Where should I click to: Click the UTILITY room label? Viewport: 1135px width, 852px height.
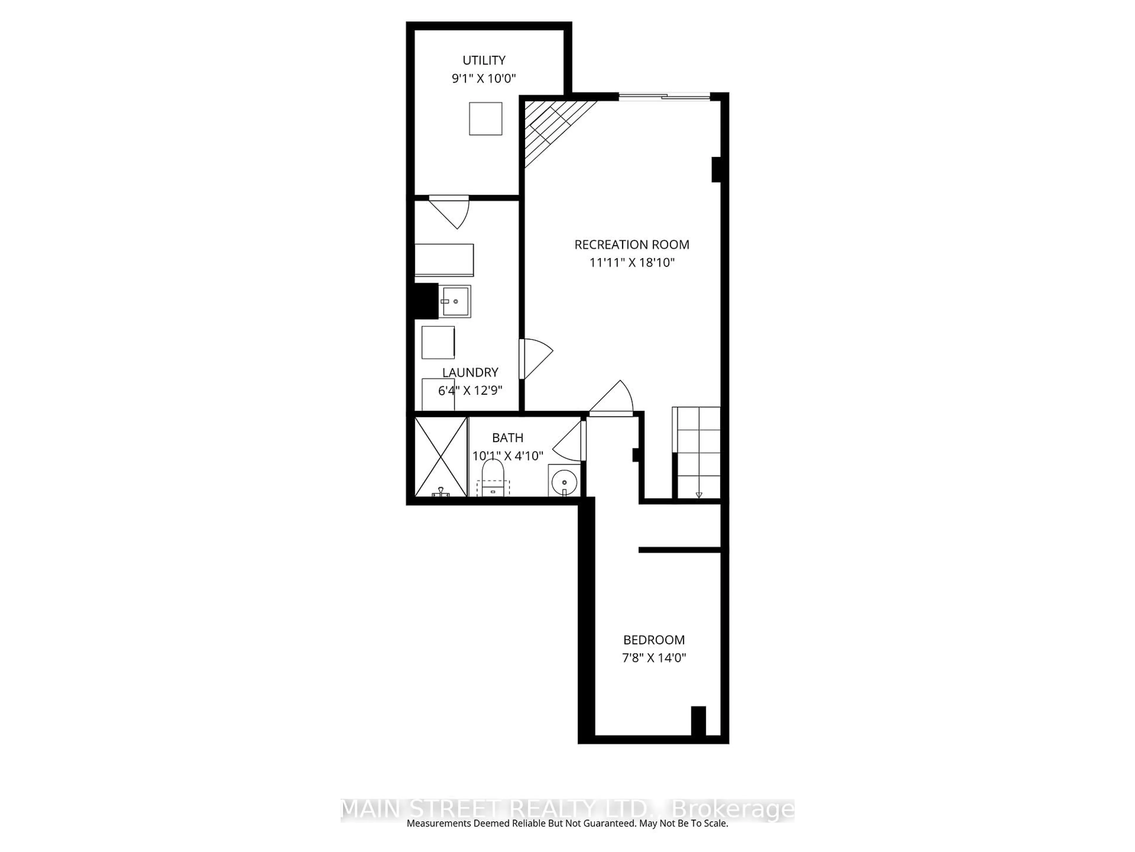484,61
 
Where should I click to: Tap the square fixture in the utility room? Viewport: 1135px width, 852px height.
485,119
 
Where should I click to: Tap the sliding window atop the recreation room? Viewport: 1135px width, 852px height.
664,96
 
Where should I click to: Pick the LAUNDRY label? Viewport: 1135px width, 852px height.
470,372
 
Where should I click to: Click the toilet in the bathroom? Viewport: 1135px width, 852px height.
493,477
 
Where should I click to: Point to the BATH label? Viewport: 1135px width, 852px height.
507,438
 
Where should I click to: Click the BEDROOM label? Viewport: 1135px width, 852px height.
654,640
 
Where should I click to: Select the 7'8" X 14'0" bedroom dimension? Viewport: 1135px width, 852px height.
654,658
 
